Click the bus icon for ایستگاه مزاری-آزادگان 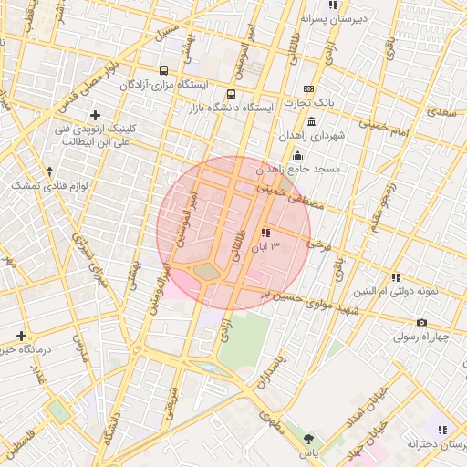pos(163,70)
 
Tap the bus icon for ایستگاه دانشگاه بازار pos(231,93)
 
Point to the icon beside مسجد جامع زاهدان pos(298,155)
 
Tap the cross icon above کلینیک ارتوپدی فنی pos(96,115)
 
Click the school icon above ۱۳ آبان pos(265,233)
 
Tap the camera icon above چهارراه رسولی pos(421,322)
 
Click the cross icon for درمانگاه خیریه pos(21,336)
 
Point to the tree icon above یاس pos(308,439)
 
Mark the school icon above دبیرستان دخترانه pos(442,430)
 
